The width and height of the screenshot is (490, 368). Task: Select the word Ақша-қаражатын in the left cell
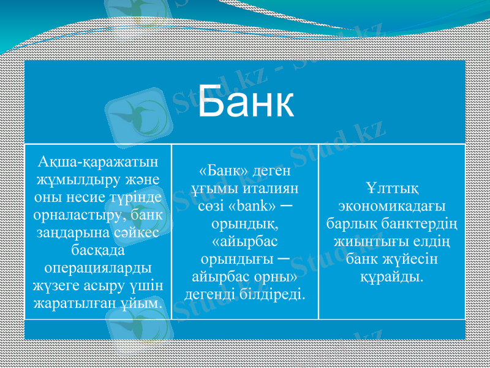[98, 161]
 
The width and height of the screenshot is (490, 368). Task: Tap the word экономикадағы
[392, 205]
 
